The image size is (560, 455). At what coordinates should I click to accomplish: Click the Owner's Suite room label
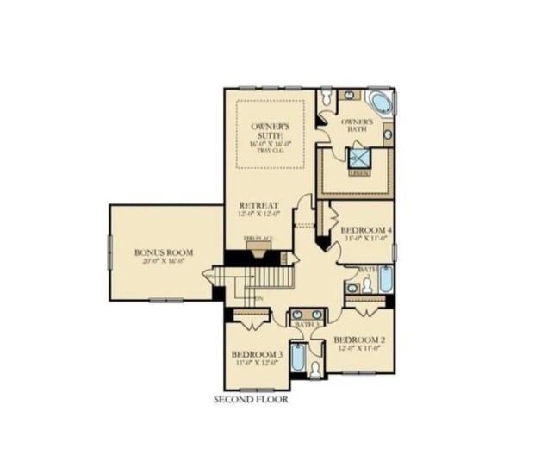coord(271,131)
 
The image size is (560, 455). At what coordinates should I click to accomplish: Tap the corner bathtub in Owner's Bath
coord(380,103)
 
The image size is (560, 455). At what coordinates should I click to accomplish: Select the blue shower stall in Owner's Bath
coord(358,158)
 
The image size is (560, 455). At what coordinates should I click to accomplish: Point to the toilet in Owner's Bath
coord(327,100)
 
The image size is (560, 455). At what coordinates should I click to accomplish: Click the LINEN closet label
coord(360,172)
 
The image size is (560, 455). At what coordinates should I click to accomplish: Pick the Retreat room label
coord(258,205)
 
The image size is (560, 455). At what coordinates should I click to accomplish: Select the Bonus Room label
coord(164,252)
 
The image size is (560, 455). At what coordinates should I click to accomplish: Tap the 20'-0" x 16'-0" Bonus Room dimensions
coord(164,260)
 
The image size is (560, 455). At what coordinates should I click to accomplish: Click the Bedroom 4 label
coord(365,230)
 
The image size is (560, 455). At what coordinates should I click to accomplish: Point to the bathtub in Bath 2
coord(385,278)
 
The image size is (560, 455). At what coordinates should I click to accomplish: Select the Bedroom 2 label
coord(358,340)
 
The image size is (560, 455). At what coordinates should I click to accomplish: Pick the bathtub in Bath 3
coord(297,357)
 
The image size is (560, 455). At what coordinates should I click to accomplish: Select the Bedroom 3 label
coord(257,354)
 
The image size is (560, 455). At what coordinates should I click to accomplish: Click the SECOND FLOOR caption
coord(251,400)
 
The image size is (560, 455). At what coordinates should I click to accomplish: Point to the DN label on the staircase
coord(258,299)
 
